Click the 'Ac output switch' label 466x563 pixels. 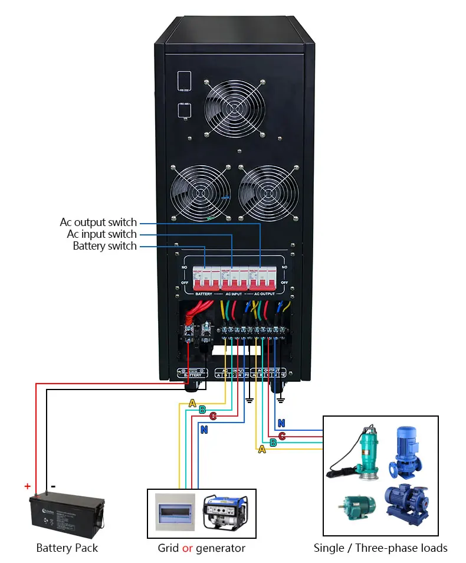pos(98,222)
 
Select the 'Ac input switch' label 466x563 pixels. pos(101,234)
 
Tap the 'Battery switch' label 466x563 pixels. pos(104,246)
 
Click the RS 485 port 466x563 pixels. pos(184,111)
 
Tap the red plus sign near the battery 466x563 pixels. pos(27,486)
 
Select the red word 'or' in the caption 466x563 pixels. pos(188,548)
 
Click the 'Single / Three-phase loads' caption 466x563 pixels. pos(380,548)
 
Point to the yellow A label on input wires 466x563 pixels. pos(192,403)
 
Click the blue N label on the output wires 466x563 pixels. pos(281,423)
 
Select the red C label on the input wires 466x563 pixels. pos(213,416)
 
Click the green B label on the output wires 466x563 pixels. pos(273,443)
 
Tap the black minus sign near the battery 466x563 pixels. pos(53,486)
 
